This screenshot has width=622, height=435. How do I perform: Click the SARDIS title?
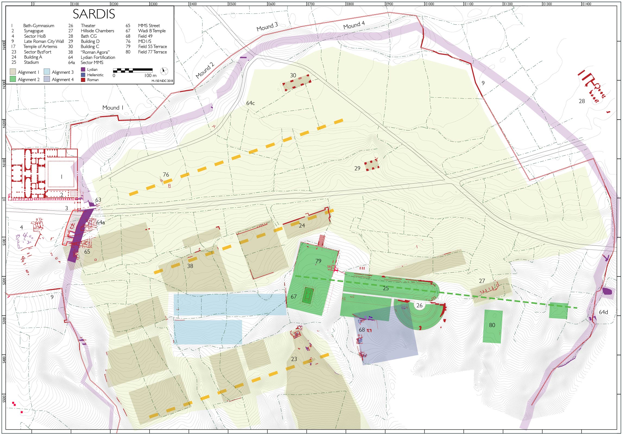(x=94, y=14)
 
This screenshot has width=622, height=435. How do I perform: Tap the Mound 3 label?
(x=267, y=27)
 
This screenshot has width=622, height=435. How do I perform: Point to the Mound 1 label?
(x=113, y=108)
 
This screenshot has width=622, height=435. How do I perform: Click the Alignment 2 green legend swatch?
(x=13, y=79)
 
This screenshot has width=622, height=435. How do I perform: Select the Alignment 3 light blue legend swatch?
(x=47, y=72)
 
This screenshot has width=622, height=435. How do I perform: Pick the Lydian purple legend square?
(x=83, y=69)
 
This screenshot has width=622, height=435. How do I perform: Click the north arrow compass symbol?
(x=164, y=71)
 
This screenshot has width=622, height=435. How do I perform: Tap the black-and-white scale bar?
(x=132, y=71)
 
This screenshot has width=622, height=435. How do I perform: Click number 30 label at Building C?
(x=293, y=75)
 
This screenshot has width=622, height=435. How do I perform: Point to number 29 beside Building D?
(x=357, y=168)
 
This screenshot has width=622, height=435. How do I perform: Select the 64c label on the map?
(x=250, y=103)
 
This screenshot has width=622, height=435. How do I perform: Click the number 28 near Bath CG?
(x=582, y=101)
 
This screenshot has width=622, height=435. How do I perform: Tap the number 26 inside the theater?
(x=419, y=305)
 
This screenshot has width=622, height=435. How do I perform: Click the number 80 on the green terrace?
(x=492, y=325)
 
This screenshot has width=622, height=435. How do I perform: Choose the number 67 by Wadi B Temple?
(x=293, y=297)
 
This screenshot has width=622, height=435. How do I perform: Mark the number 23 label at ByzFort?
(x=294, y=359)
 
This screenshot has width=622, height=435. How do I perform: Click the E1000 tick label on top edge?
(x=430, y=4)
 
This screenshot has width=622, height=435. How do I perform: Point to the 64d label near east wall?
(x=603, y=312)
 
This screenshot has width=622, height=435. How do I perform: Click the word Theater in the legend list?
(x=88, y=25)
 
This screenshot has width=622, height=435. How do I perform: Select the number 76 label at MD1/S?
(x=166, y=175)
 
